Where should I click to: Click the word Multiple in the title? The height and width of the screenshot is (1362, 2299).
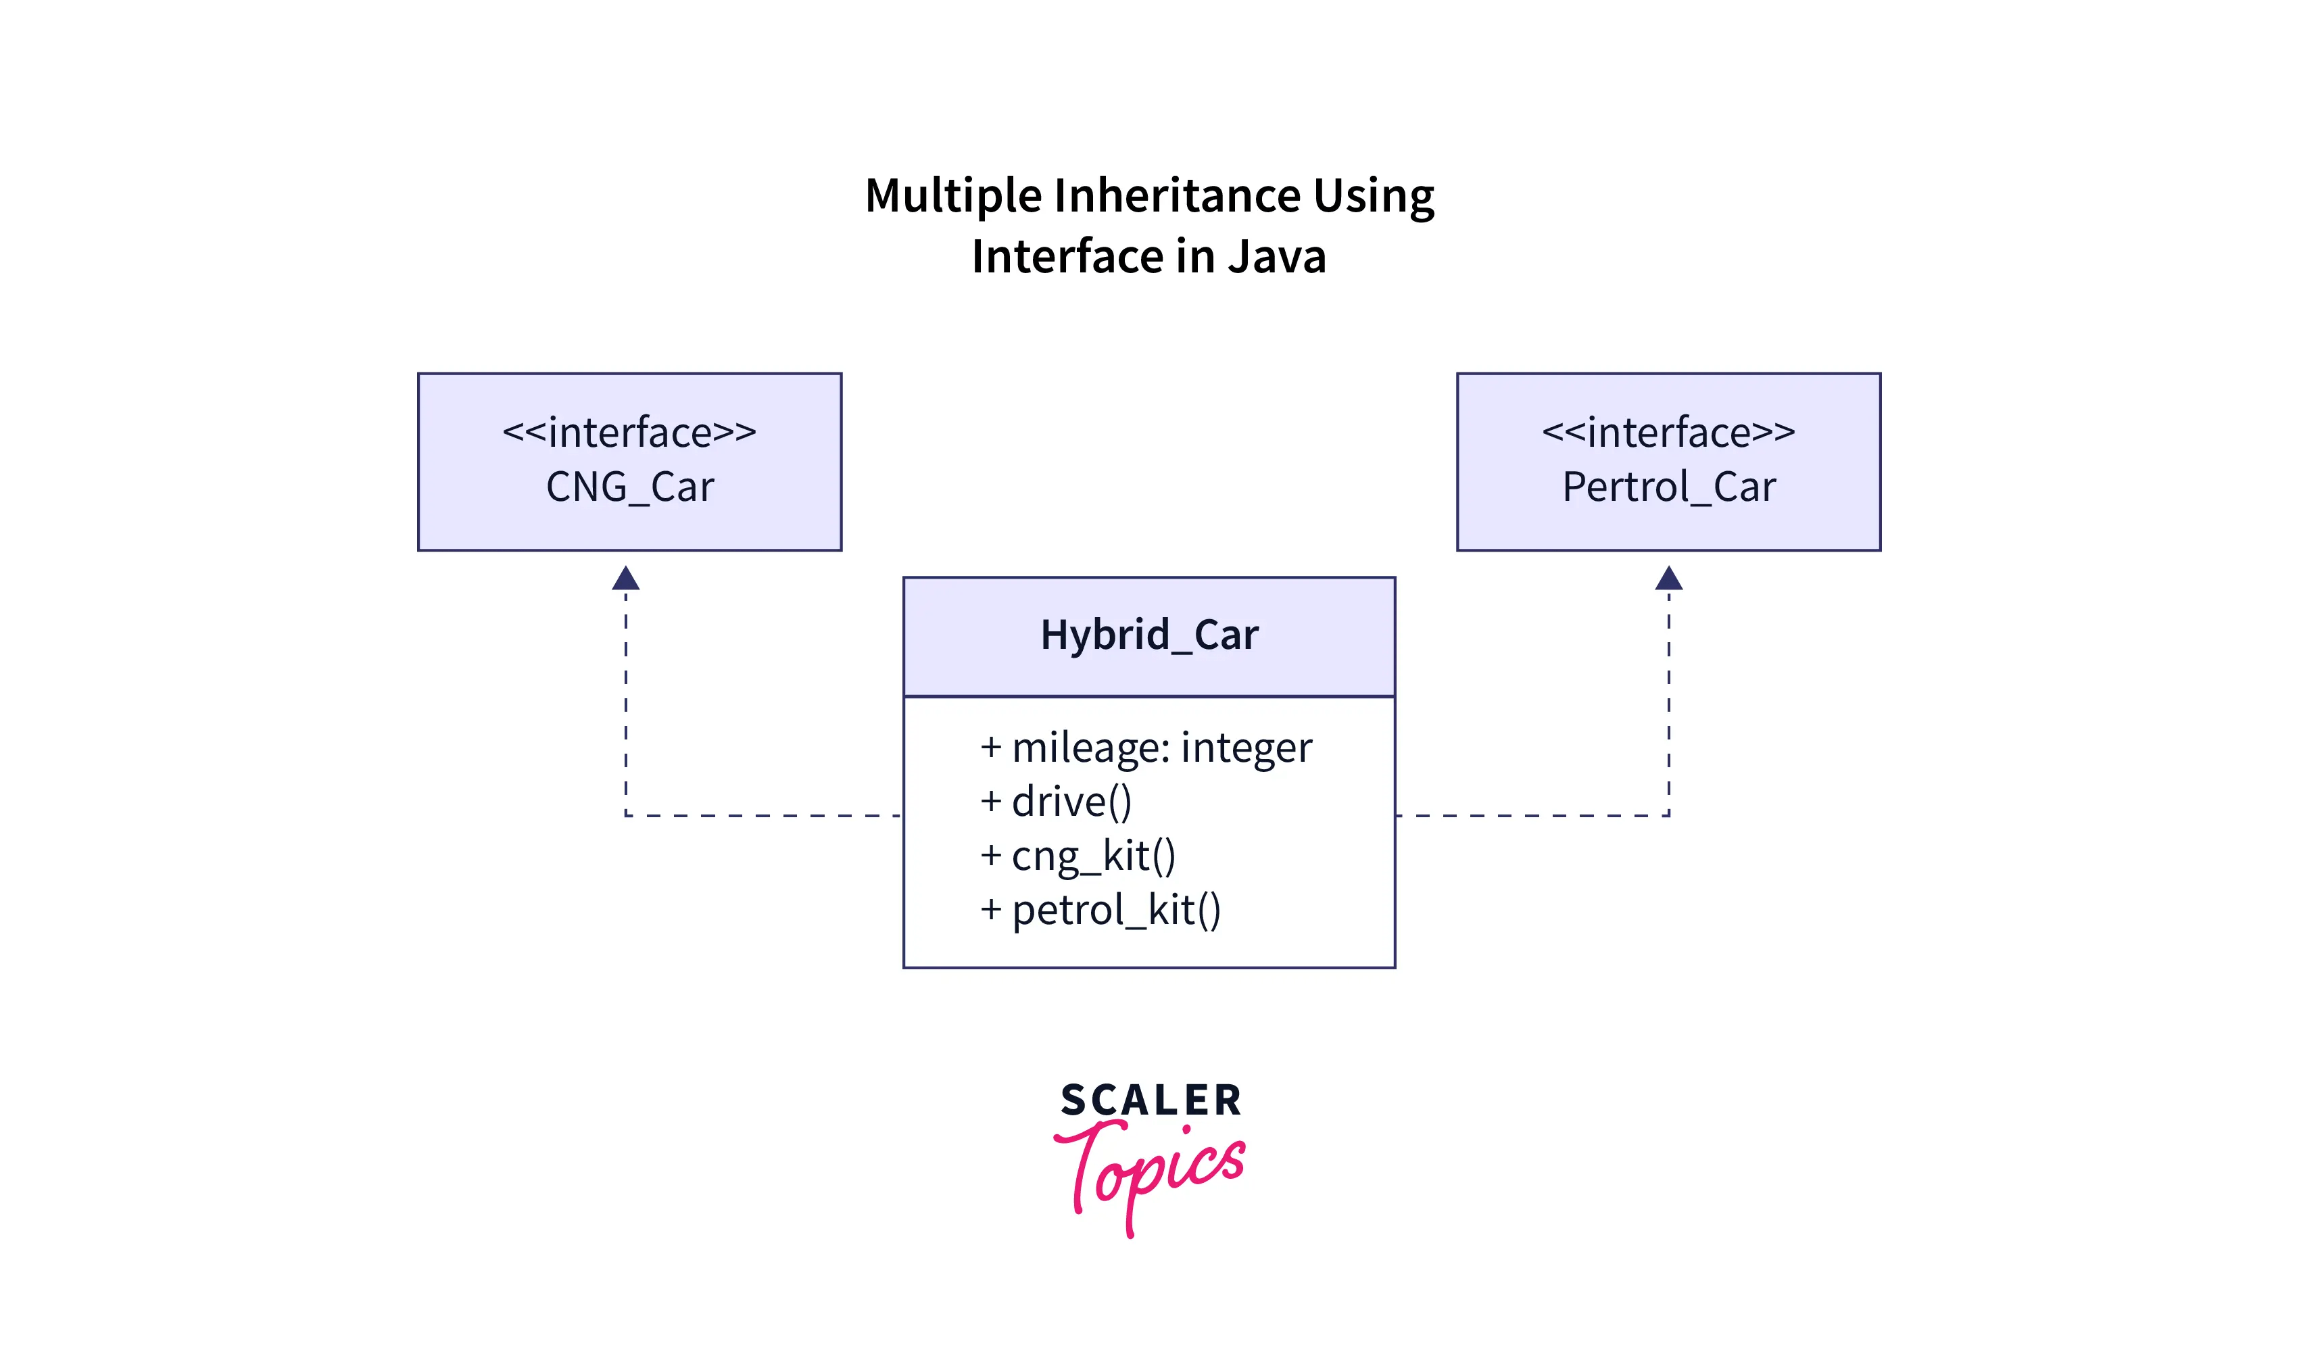(x=954, y=197)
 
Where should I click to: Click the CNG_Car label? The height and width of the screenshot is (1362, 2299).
(x=629, y=487)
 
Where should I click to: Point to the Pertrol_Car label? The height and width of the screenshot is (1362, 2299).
(x=1668, y=487)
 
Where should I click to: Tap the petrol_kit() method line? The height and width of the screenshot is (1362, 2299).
(x=1115, y=910)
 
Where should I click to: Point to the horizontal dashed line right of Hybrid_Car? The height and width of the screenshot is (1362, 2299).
(x=1532, y=815)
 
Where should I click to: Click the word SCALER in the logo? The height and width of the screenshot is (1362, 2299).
(x=1151, y=1100)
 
